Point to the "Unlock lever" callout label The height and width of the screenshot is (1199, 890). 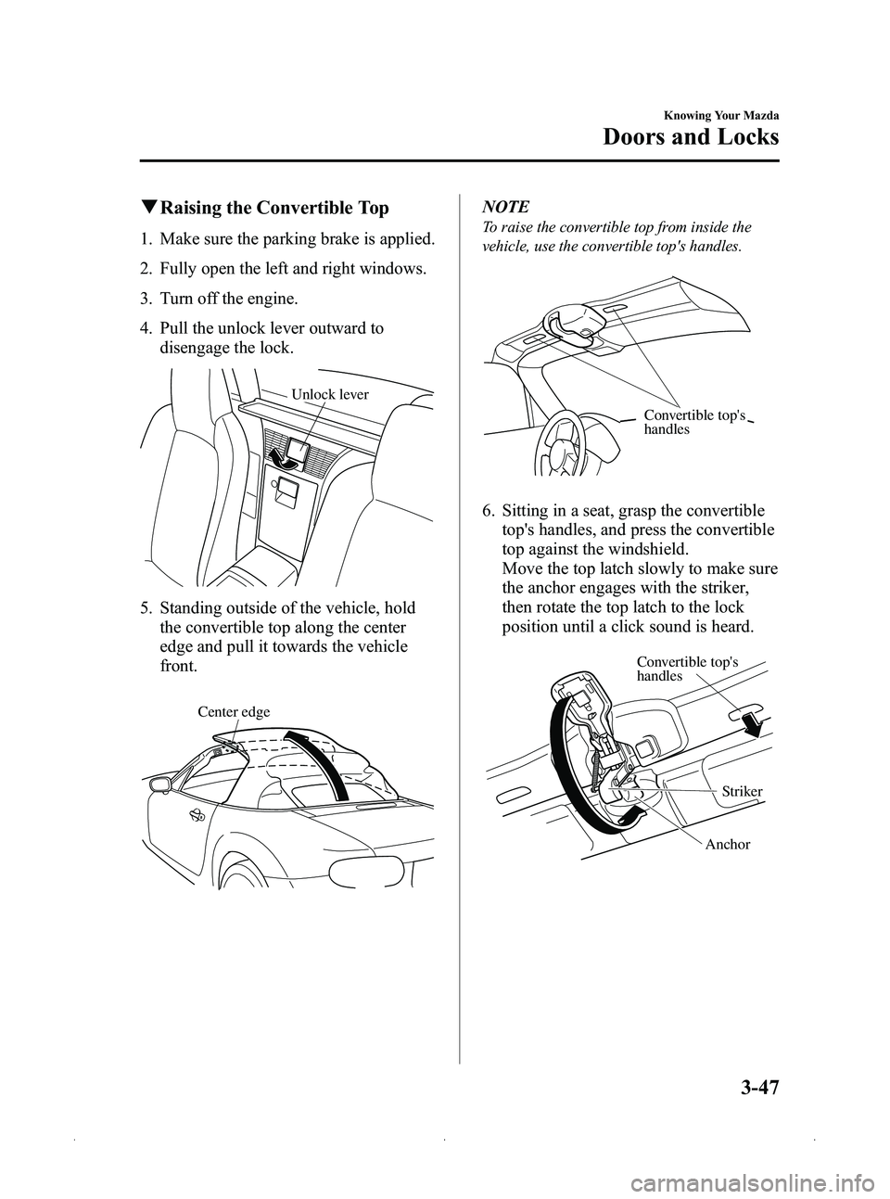(330, 394)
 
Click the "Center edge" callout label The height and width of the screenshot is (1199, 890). (234, 712)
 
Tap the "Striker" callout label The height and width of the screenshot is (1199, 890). (742, 791)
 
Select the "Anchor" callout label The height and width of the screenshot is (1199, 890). (727, 845)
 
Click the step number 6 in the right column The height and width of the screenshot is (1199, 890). (486, 511)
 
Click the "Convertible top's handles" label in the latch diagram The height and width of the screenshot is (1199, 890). (687, 668)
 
